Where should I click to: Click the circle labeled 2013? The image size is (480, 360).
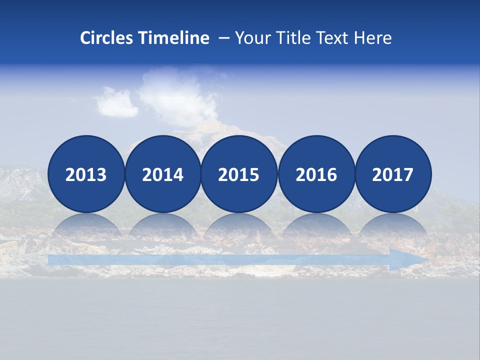tap(86, 174)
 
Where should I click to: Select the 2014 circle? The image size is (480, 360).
tap(163, 174)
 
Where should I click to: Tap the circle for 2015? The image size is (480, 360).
tap(239, 174)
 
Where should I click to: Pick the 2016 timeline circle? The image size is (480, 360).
tap(316, 174)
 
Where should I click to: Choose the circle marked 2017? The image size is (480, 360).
tap(393, 174)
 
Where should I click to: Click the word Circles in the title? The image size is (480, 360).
tap(107, 38)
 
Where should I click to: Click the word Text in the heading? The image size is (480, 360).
tap(331, 38)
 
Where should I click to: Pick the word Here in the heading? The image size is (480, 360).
tap(372, 38)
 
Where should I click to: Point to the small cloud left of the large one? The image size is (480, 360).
tap(116, 102)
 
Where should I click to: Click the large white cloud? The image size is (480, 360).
tap(177, 97)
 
